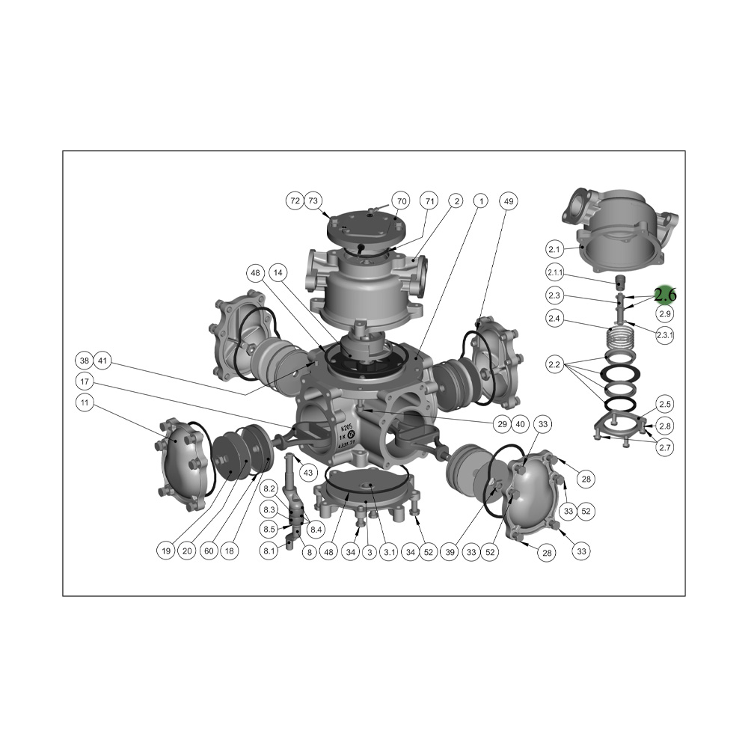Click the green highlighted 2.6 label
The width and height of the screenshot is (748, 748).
(665, 295)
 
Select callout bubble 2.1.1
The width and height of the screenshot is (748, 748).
(555, 273)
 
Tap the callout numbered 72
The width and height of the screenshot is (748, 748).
(295, 200)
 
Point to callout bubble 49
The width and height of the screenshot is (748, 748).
(509, 201)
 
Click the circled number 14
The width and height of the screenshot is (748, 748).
(278, 273)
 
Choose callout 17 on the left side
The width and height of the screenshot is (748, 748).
(85, 381)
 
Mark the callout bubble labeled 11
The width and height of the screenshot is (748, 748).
(85, 402)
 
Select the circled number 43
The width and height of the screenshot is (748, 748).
(308, 473)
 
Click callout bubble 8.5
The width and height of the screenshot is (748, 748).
(269, 529)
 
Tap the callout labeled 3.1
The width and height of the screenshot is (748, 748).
(390, 552)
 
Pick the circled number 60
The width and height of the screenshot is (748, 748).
(209, 551)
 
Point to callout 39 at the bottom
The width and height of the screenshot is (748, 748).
(450, 552)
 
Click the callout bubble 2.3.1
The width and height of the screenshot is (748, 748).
(664, 335)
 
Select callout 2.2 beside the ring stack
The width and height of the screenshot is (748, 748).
(554, 365)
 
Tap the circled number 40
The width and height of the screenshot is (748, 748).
(520, 424)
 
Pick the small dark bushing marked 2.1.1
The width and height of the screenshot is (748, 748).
(619, 282)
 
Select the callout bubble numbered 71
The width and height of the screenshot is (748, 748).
(430, 200)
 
